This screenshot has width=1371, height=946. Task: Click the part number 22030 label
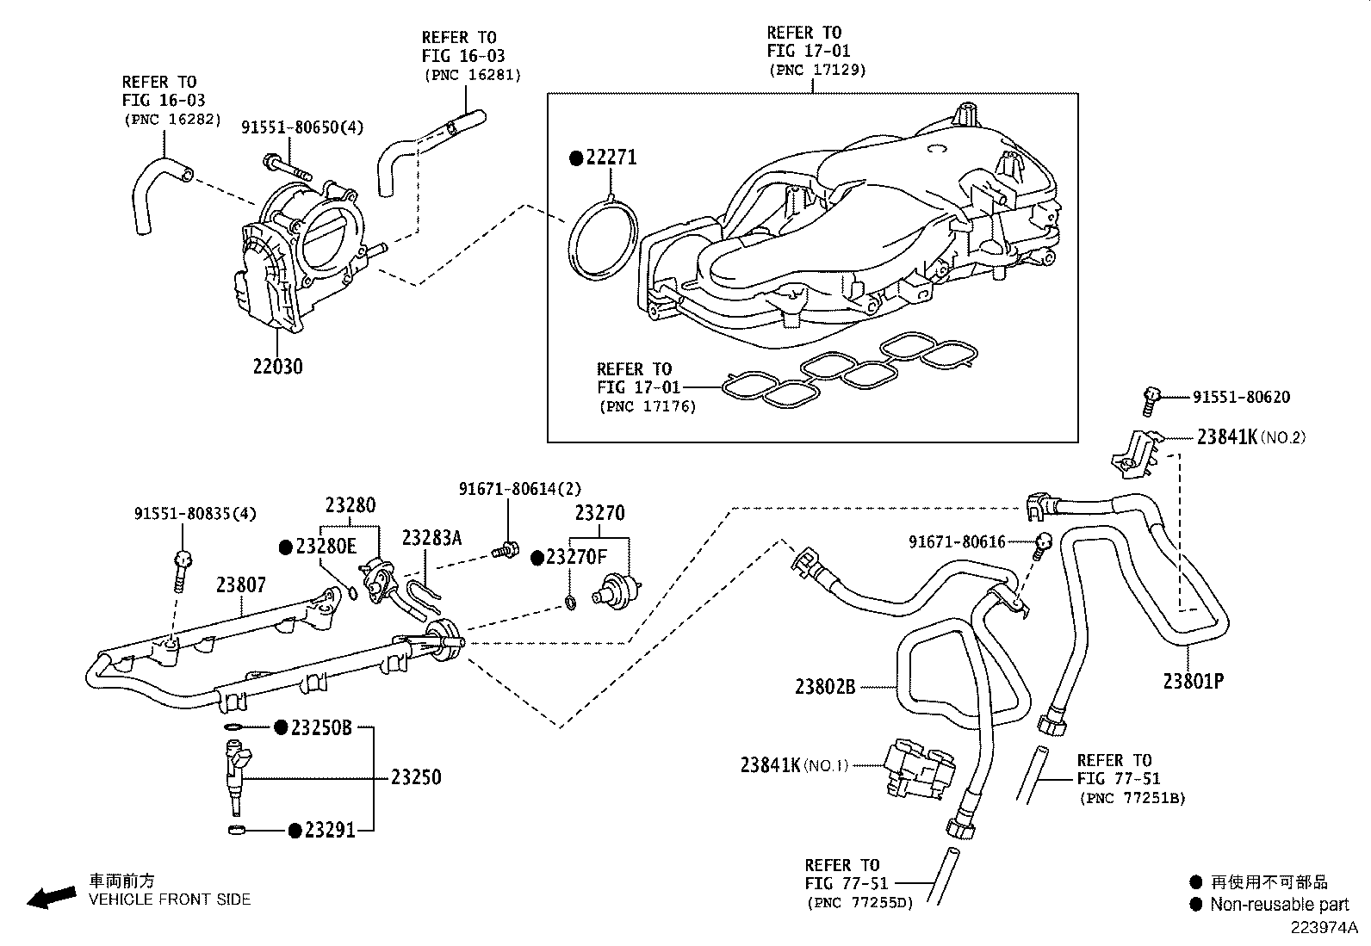[x=277, y=367]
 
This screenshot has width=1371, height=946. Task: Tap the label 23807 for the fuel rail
[x=240, y=585]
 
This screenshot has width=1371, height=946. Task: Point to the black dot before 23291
[x=295, y=831]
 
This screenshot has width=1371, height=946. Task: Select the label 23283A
[x=431, y=539]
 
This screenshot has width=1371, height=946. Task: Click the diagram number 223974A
[x=1323, y=928]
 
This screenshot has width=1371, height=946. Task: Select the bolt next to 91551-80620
[x=1151, y=398]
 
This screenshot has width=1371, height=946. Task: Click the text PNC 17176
[x=647, y=406]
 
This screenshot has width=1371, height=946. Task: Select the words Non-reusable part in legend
[x=1279, y=904]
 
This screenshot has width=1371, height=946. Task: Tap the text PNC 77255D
[x=859, y=903]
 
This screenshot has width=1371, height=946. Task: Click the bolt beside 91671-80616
[x=1044, y=543]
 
